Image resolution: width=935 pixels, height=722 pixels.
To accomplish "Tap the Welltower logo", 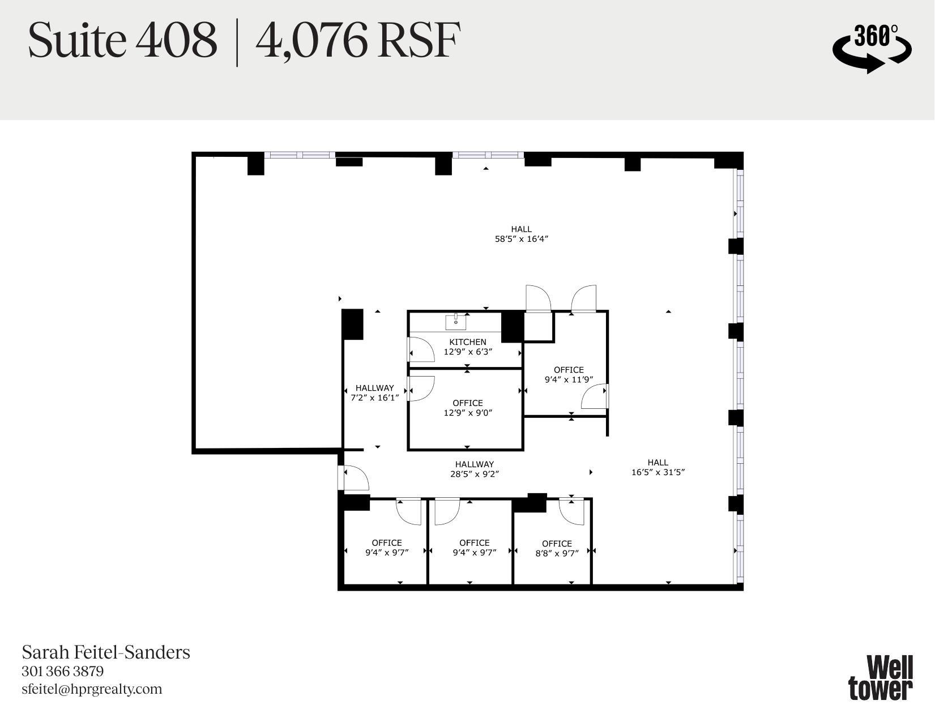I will coord(881,678).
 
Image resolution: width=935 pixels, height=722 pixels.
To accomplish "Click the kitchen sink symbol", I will coord(455,322).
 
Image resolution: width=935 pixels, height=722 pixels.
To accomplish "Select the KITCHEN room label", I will coord(468,342).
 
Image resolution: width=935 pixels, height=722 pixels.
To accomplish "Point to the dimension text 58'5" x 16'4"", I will coord(521,239).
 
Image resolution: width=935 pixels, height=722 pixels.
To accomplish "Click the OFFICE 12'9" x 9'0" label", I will coord(468,408).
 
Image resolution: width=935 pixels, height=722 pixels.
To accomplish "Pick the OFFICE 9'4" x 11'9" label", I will coord(569,374).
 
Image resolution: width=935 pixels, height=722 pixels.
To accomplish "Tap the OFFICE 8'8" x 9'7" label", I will coord(557,548).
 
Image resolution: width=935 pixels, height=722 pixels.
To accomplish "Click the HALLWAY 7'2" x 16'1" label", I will coord(375,392).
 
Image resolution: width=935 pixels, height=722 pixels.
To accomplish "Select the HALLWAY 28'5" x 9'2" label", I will coord(475,469).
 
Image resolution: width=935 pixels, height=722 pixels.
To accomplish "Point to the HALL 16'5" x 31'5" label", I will coord(658,467).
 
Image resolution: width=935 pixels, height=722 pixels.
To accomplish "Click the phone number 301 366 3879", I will coord(63,672).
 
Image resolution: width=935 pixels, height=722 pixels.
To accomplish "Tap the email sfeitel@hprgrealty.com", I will coord(92,689).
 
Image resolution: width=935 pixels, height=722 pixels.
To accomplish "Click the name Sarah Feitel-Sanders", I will coord(106,652).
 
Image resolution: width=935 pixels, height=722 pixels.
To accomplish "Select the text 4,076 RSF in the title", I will coord(357,41).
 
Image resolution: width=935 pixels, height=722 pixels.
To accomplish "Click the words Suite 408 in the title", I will coord(122,41).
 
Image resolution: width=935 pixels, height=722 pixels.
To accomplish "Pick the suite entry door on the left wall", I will coord(353,477).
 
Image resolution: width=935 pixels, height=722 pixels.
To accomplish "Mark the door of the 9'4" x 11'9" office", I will coord(594,396).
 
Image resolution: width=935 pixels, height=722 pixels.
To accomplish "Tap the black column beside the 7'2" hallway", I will coord(352,324).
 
